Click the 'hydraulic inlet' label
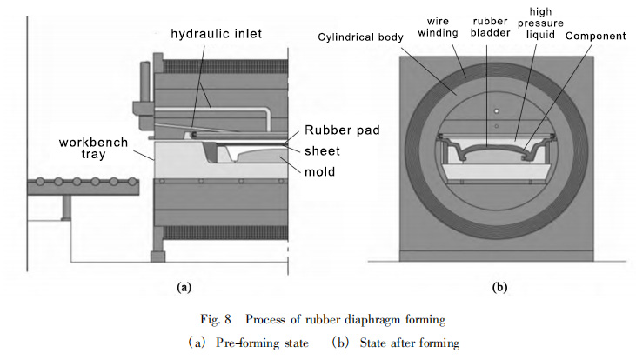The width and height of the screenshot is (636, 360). click(216, 34)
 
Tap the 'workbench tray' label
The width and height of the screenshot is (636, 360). click(93, 149)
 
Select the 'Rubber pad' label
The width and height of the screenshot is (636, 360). click(342, 130)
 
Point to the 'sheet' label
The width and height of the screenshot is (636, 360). click(322, 150)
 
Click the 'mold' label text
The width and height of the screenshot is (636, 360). click(319, 171)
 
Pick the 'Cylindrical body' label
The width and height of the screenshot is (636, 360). click(360, 37)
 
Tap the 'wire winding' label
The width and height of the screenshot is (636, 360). click(438, 27)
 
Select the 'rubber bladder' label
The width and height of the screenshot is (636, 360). click(490, 27)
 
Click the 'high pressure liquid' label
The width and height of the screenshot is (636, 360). click(540, 23)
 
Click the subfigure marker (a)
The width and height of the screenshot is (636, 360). click(184, 288)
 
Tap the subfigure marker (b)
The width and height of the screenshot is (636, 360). click(499, 288)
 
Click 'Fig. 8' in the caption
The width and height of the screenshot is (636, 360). click(216, 319)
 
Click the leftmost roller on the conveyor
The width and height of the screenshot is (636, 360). click(40, 182)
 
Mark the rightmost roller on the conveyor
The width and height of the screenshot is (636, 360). click(131, 182)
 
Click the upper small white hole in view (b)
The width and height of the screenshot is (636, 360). click(497, 111)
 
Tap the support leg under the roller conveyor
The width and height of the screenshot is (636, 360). click(66, 208)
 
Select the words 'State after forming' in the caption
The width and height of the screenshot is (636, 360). click(410, 343)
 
